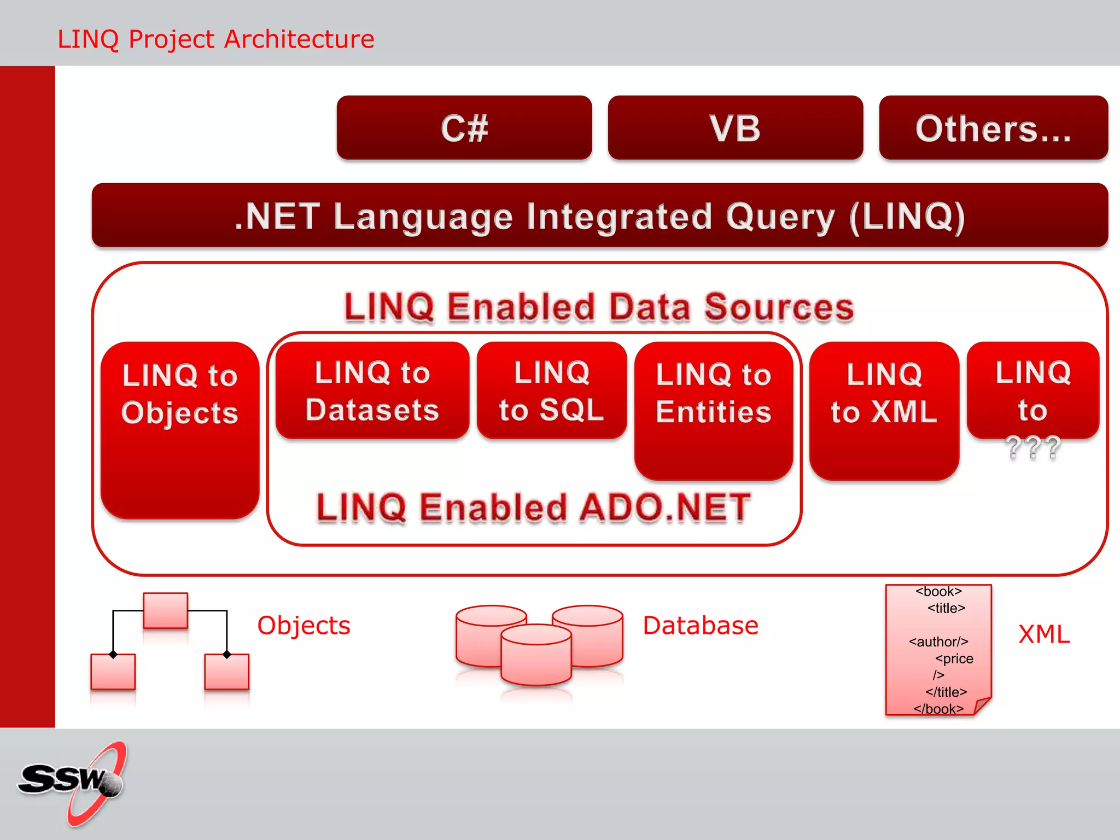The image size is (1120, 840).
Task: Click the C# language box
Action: [464, 128]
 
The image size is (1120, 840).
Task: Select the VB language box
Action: [735, 128]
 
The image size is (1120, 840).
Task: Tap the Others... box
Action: [993, 128]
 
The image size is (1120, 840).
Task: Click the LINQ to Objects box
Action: [180, 429]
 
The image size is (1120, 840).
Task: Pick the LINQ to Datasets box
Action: [372, 390]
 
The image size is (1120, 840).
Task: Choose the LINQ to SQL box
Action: [551, 390]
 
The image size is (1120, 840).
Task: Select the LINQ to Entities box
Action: [713, 410]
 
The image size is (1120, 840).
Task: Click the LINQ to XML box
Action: [884, 410]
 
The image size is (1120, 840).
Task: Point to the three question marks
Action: [1032, 447]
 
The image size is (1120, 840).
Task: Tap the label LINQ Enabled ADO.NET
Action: [533, 507]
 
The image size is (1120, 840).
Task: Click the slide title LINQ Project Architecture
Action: [216, 39]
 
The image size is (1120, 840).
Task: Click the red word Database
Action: [701, 625]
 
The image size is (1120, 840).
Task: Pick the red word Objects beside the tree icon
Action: [304, 625]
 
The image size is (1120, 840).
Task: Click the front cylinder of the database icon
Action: [536, 659]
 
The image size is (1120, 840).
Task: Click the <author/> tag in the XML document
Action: [938, 641]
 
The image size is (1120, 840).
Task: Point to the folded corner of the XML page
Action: [982, 705]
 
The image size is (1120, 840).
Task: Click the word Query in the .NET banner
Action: [780, 217]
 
